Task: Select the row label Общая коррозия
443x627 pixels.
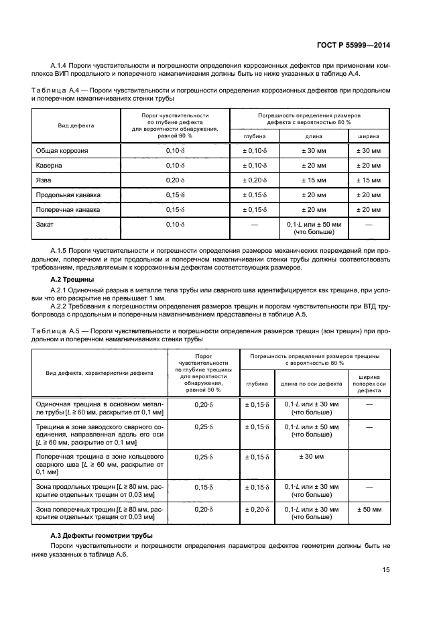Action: point(62,151)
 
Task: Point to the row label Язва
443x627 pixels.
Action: point(44,180)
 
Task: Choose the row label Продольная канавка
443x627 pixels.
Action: point(68,195)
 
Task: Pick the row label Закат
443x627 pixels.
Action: point(45,224)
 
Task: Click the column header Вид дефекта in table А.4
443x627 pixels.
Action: point(76,125)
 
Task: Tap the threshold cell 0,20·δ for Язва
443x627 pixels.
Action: point(175,180)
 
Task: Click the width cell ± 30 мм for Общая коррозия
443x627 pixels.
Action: point(368,151)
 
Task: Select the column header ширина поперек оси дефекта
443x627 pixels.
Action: point(369,384)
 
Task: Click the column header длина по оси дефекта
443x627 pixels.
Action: point(311,384)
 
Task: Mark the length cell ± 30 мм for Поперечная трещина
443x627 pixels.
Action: point(311,457)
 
